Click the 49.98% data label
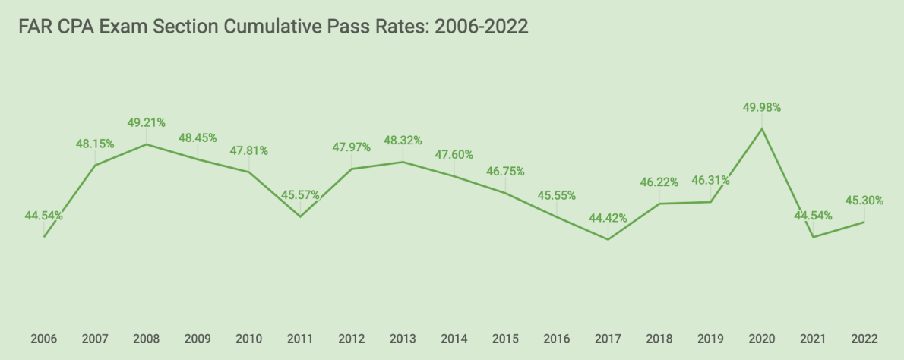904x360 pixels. pyautogui.click(x=762, y=108)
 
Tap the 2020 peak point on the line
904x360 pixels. pyautogui.click(x=762, y=128)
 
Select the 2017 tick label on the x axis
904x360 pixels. pyautogui.click(x=608, y=339)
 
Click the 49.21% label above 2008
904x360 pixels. pyautogui.click(x=147, y=122)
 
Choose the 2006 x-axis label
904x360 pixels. pyautogui.click(x=43, y=339)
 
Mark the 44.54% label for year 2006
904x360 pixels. pyautogui.click(x=43, y=216)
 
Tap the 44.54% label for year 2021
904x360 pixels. pyautogui.click(x=813, y=216)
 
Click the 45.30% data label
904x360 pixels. pyautogui.click(x=864, y=201)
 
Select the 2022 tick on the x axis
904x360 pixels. pyautogui.click(x=864, y=339)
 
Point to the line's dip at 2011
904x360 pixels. pyautogui.click(x=300, y=216)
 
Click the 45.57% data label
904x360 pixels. pyautogui.click(x=300, y=195)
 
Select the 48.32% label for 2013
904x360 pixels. pyautogui.click(x=403, y=141)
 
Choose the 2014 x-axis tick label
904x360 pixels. pyautogui.click(x=454, y=339)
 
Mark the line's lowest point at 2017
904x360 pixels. pyautogui.click(x=608, y=239)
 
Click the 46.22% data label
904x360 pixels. pyautogui.click(x=659, y=183)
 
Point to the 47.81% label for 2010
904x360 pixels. pyautogui.click(x=249, y=151)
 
